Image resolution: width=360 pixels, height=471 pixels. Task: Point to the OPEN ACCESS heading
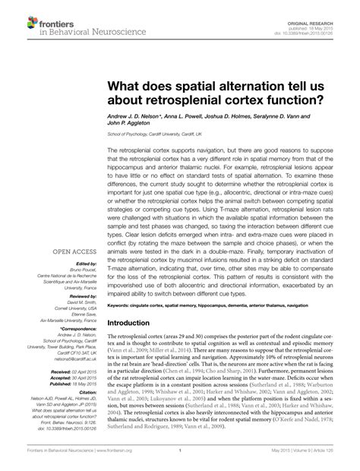pyautogui.click(x=73, y=252)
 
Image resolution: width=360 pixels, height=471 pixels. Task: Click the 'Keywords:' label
pyautogui.click(x=120, y=327)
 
